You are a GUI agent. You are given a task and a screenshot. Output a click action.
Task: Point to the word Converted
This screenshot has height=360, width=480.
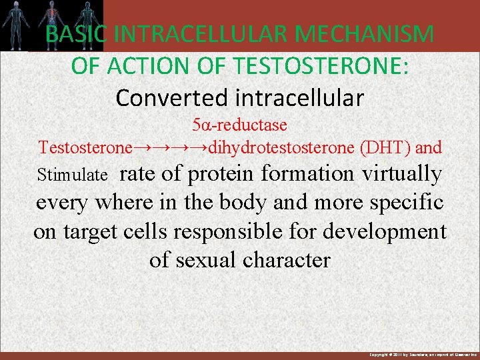(160, 98)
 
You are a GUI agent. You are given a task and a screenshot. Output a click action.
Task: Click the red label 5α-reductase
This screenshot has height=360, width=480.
(239, 125)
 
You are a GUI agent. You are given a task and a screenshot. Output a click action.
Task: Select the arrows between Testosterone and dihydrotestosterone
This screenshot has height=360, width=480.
(170, 147)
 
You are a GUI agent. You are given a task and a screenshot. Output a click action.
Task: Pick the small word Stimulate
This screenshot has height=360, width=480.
(73, 175)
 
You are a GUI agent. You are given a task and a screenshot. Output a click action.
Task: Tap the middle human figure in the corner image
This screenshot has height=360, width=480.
(52, 24)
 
